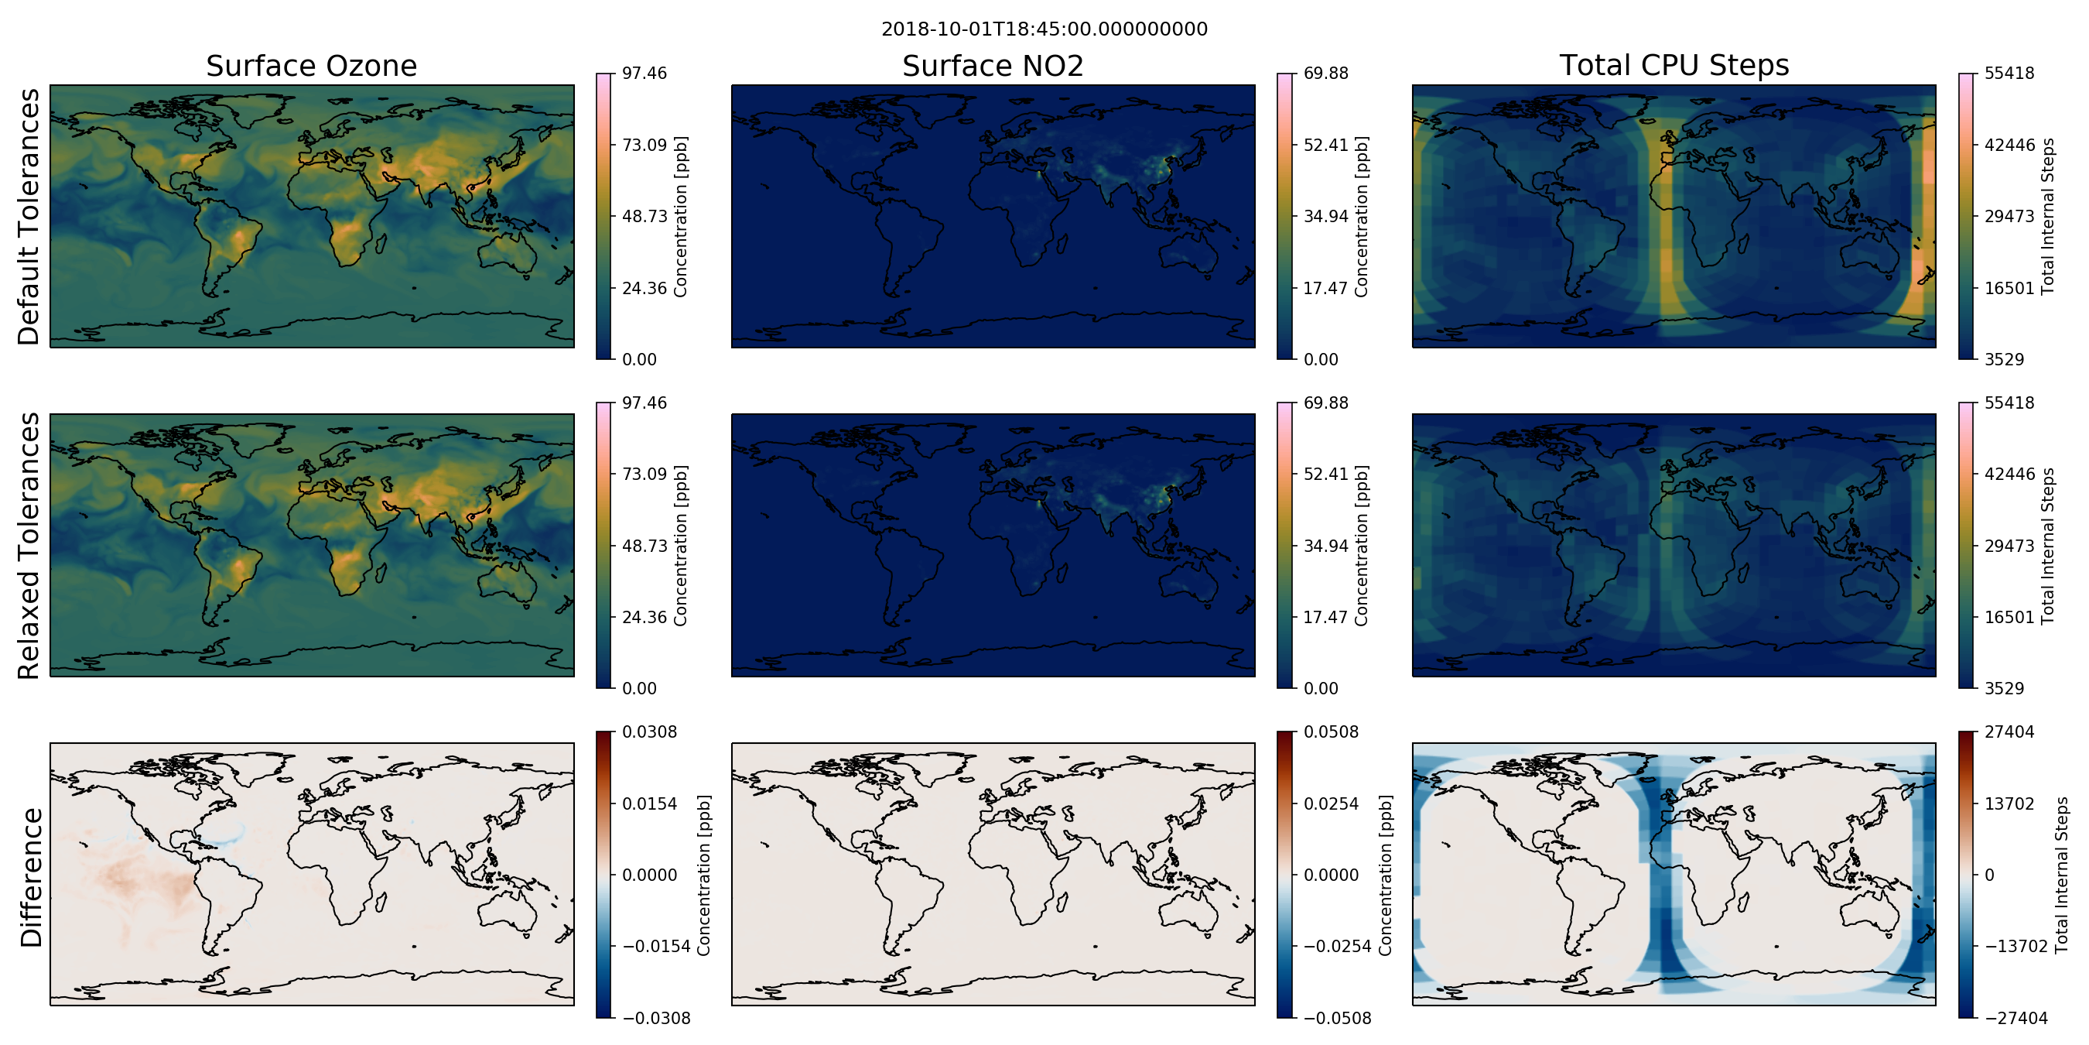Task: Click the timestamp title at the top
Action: [1044, 29]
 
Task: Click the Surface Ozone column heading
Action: [311, 66]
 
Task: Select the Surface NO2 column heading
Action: [993, 66]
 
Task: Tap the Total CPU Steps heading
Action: [1674, 65]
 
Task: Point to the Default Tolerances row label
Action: [29, 217]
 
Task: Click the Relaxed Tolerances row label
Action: [29, 545]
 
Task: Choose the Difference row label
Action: [31, 877]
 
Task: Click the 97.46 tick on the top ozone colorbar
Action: [644, 73]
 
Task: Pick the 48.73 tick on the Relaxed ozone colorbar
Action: [644, 545]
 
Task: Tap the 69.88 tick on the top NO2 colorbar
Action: [1326, 73]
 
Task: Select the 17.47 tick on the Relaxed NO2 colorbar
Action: [1326, 617]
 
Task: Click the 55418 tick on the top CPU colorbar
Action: [2009, 73]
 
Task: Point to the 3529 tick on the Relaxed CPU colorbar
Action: [2005, 688]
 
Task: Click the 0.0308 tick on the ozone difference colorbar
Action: [650, 731]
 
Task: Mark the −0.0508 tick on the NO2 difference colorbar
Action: [1337, 1017]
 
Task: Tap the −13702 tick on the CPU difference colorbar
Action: [2016, 946]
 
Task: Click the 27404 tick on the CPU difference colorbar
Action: [2009, 731]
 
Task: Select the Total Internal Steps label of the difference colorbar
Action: [2061, 875]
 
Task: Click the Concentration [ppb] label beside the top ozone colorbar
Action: [680, 217]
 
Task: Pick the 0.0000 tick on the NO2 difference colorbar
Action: [1331, 875]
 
